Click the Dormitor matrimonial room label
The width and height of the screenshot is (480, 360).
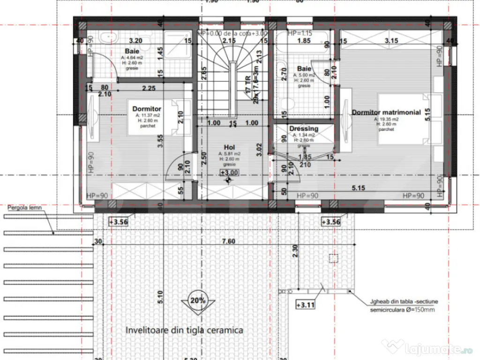(386, 112)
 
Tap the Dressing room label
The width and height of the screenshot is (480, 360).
(304, 128)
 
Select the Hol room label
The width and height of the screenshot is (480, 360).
(229, 147)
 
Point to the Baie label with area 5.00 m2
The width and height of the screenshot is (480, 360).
(304, 69)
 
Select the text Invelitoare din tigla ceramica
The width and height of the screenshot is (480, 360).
(184, 330)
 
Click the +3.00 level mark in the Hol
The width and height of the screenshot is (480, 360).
(229, 172)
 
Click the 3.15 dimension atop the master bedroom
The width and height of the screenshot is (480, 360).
(391, 41)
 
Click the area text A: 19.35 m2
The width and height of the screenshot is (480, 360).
(386, 120)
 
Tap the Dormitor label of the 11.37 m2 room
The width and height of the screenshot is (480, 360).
(147, 109)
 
